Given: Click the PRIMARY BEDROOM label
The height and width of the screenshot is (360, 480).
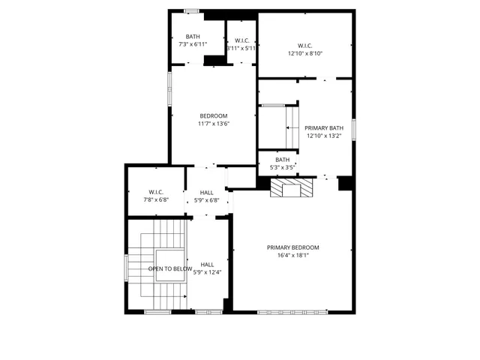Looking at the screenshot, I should (x=292, y=247).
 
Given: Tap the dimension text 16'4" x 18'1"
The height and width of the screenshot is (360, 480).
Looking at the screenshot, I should (x=292, y=256).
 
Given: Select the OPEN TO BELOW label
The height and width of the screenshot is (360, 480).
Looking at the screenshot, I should (x=169, y=268).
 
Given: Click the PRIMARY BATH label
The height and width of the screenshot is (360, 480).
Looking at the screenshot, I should (x=323, y=128).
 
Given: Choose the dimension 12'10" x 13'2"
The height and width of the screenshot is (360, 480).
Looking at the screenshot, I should (x=323, y=136).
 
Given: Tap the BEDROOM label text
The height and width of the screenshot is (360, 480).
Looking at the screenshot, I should (x=213, y=115).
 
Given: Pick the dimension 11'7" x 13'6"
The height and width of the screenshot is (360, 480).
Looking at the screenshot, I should (x=213, y=124).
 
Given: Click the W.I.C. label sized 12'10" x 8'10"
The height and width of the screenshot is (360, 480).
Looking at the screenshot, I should (x=304, y=45).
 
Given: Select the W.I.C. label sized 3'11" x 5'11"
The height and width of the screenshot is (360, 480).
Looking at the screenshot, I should (x=241, y=40).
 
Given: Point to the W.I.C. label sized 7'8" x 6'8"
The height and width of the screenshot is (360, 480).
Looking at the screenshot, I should (x=156, y=191).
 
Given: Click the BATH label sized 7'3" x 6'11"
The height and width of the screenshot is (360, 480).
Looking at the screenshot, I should (x=193, y=37).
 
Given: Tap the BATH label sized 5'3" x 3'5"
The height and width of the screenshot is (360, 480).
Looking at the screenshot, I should (x=282, y=160).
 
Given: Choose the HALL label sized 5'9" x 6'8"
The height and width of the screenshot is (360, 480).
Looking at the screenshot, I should (x=206, y=193).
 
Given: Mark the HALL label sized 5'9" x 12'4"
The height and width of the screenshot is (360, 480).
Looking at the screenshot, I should (x=207, y=264).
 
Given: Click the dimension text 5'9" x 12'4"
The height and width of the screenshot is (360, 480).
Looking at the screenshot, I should (x=207, y=272).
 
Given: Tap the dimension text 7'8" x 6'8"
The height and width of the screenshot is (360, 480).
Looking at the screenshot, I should (x=156, y=199).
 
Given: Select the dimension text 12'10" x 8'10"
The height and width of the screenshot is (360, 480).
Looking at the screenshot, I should (x=304, y=53).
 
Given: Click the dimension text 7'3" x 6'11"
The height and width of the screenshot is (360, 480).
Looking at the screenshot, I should (x=193, y=45).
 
